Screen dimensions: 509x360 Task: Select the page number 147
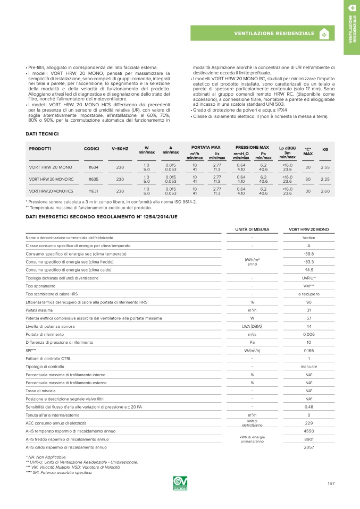pos(331,483)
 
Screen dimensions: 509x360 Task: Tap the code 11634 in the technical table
pos(93,167)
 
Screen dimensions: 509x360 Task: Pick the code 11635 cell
pos(93,179)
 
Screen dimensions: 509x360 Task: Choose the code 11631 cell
pos(93,191)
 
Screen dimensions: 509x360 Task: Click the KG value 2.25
pos(325,179)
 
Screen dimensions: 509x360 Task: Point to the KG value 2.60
pos(325,191)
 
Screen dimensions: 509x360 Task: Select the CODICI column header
pos(92,149)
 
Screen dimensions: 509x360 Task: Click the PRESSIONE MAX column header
pos(252,147)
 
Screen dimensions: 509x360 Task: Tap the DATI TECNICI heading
pos(42,133)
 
